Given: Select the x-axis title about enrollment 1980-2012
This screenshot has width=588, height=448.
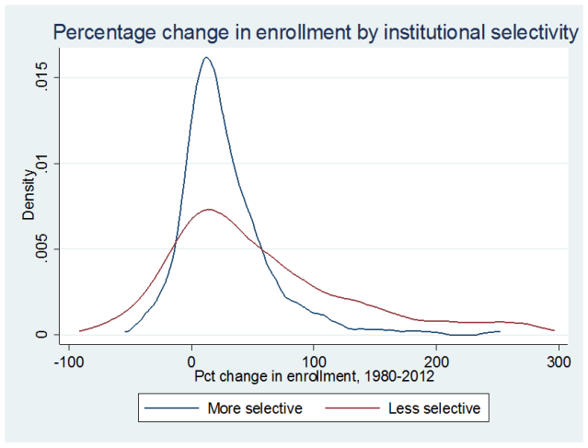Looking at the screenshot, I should (x=314, y=376).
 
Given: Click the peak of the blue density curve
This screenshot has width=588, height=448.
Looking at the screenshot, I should (x=206, y=58).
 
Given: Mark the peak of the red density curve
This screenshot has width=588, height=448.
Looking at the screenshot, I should (x=209, y=210).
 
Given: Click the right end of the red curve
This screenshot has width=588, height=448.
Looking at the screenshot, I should (x=554, y=330).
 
